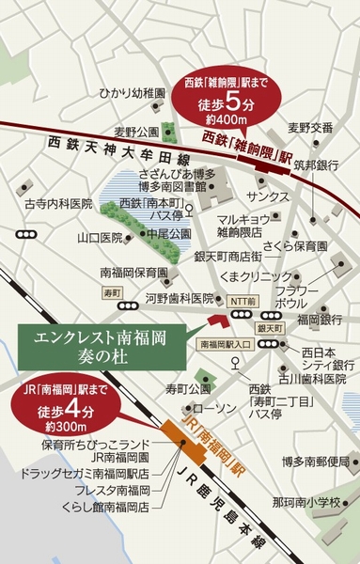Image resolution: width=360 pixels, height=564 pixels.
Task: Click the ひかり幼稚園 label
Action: click(133, 94)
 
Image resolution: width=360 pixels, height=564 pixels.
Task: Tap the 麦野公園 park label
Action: click(132, 131)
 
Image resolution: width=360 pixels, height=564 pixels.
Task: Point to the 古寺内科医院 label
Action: click(59, 203)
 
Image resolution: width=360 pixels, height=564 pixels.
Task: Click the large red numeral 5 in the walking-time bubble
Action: click(246, 102)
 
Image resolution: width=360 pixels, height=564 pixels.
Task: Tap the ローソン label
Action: click(218, 409)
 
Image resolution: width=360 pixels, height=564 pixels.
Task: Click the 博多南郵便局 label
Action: click(315, 462)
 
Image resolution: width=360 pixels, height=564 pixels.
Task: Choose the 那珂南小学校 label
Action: click(314, 499)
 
